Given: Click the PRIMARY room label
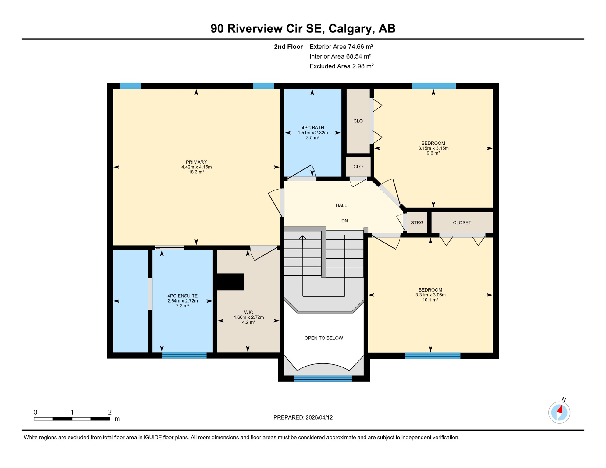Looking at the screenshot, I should [x=196, y=162].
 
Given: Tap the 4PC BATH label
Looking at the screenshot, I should [x=312, y=128].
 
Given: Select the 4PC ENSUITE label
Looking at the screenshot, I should [x=182, y=296].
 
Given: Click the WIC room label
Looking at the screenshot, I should [x=248, y=312].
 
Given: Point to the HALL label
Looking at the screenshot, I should [x=341, y=205].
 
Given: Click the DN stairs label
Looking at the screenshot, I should [x=344, y=221].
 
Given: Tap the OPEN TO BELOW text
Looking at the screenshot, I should [x=323, y=338].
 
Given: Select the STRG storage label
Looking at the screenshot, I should [x=417, y=223].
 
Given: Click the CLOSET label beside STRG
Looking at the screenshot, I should [x=462, y=223].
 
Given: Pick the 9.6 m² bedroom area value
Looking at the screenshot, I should [x=433, y=153].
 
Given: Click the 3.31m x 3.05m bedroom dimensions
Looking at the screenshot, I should [x=430, y=295].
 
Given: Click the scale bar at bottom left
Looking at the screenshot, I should [x=72, y=419].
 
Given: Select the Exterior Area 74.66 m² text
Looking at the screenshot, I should [x=341, y=47].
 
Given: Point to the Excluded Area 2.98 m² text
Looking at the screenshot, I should [x=341, y=66].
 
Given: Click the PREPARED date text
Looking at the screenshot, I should [x=303, y=417].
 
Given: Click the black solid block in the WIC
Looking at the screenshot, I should [x=230, y=282].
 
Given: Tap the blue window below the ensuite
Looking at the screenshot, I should [x=184, y=355].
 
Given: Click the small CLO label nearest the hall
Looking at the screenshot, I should [x=358, y=167].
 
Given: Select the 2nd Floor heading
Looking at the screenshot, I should [x=288, y=47].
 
